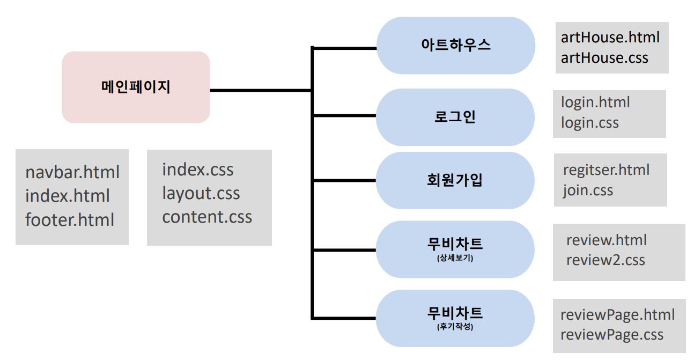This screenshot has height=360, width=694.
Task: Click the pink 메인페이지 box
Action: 136,87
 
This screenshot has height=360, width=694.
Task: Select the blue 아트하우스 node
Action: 455,45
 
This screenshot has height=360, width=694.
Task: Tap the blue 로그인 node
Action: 455,117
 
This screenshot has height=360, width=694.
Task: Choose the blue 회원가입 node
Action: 455,180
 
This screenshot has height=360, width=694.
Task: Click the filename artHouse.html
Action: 610,38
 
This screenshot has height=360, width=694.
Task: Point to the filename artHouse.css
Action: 604,57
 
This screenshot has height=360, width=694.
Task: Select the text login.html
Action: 595,102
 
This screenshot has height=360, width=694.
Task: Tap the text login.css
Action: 590,122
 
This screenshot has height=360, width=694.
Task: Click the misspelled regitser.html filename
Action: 606,170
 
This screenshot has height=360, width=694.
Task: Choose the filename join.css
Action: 588,190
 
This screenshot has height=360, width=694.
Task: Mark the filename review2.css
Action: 606,260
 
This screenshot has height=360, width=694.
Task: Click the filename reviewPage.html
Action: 617,314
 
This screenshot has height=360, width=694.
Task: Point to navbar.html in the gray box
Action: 72,172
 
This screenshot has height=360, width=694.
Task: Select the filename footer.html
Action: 70,219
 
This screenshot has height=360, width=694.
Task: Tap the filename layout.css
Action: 201,193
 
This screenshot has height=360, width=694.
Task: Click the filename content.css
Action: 207,217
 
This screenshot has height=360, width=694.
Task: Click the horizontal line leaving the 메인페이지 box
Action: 260,90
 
